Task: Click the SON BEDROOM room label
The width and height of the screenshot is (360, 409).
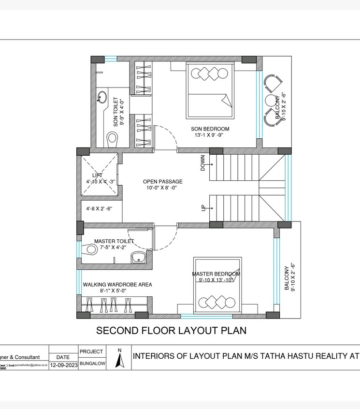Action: (x=210, y=129)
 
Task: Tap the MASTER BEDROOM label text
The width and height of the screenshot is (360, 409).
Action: (x=216, y=274)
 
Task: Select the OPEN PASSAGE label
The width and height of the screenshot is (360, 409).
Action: (x=162, y=182)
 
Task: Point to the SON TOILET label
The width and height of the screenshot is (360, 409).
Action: (x=115, y=112)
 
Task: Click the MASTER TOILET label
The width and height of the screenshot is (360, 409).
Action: (x=114, y=241)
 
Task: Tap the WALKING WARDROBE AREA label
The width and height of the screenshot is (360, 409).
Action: (x=117, y=285)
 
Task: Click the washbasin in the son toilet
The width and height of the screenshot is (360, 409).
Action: (x=102, y=98)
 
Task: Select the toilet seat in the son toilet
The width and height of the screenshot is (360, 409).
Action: (x=112, y=138)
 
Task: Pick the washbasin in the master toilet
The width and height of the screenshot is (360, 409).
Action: (x=139, y=257)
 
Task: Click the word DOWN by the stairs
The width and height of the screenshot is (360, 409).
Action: (x=203, y=163)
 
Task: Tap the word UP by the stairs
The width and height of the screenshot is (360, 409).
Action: (x=203, y=207)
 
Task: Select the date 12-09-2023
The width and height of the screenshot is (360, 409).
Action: (x=64, y=365)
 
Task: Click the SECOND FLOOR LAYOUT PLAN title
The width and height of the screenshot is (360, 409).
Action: (x=171, y=331)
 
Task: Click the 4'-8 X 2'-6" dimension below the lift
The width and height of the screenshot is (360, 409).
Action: (x=99, y=209)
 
